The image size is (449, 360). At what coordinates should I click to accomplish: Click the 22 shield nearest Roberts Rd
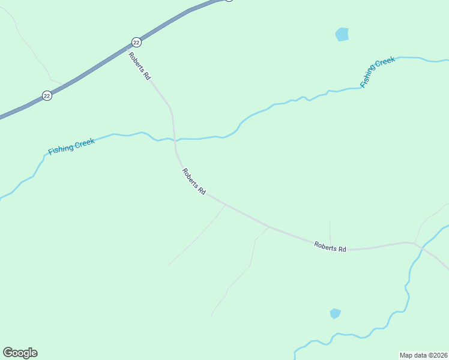pyautogui.click(x=136, y=42)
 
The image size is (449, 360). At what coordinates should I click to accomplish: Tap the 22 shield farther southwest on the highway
pyautogui.click(x=47, y=95)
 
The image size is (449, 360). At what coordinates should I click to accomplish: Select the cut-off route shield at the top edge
pyautogui.click(x=228, y=1)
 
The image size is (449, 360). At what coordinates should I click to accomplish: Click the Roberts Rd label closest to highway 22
pyautogui.click(x=139, y=66)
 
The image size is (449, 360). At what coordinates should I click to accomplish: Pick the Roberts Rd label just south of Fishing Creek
pyautogui.click(x=194, y=181)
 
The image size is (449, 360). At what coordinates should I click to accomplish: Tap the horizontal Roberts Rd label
pyautogui.click(x=330, y=247)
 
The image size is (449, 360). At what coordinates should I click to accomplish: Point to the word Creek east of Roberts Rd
pyautogui.click(x=385, y=64)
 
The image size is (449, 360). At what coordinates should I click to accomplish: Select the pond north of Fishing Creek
pyautogui.click(x=342, y=34)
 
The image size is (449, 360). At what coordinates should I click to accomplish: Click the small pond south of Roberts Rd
pyautogui.click(x=335, y=313)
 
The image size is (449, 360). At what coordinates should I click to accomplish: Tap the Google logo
pyautogui.click(x=20, y=353)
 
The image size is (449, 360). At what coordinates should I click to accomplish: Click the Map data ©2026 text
pyautogui.click(x=423, y=355)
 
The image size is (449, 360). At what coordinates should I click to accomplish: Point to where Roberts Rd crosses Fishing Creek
pyautogui.click(x=175, y=139)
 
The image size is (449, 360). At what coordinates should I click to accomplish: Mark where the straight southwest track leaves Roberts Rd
pyautogui.click(x=225, y=205)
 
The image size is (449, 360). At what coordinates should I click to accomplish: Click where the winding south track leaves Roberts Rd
pyautogui.click(x=268, y=227)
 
